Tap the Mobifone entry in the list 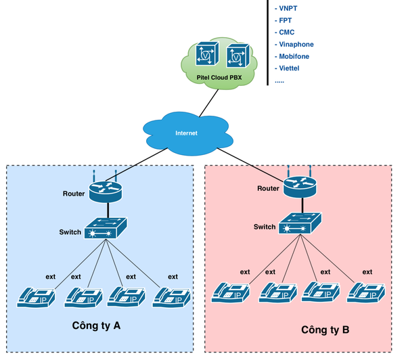pos(294,56)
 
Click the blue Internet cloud pos(186,133)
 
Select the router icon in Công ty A pos(105,191)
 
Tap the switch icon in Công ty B pos(300,223)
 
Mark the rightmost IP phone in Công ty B pos(367,292)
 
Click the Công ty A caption pos(96,325)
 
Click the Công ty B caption pos(325,330)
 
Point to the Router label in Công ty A pos(74,194)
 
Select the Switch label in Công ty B pos(265,227)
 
